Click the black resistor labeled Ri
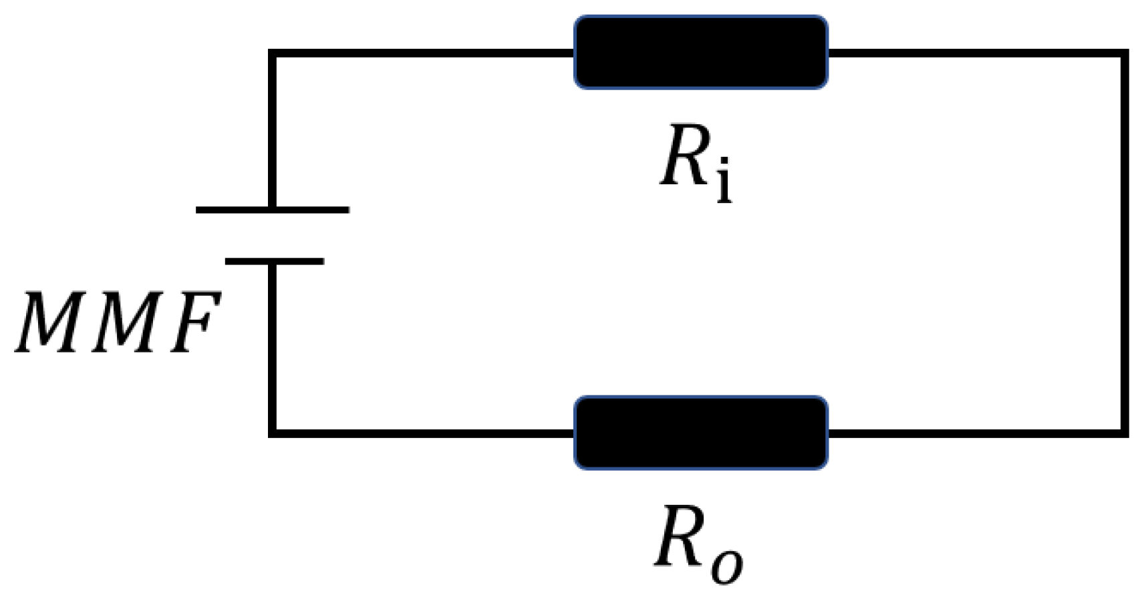click(x=701, y=52)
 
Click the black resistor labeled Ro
click(x=701, y=433)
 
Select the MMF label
click(x=118, y=323)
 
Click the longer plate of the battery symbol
click(x=272, y=210)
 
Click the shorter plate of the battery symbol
click(x=275, y=261)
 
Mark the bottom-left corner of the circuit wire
click(x=272, y=433)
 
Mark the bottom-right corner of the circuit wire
click(x=1124, y=433)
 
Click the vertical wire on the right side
click(x=1124, y=244)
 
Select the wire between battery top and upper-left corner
click(x=272, y=130)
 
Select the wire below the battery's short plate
click(x=272, y=347)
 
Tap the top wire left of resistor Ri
click(x=421, y=53)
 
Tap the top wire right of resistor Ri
click(x=976, y=53)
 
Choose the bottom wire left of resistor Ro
click(x=421, y=433)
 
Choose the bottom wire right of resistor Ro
click(x=976, y=433)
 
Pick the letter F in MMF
click(x=194, y=323)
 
